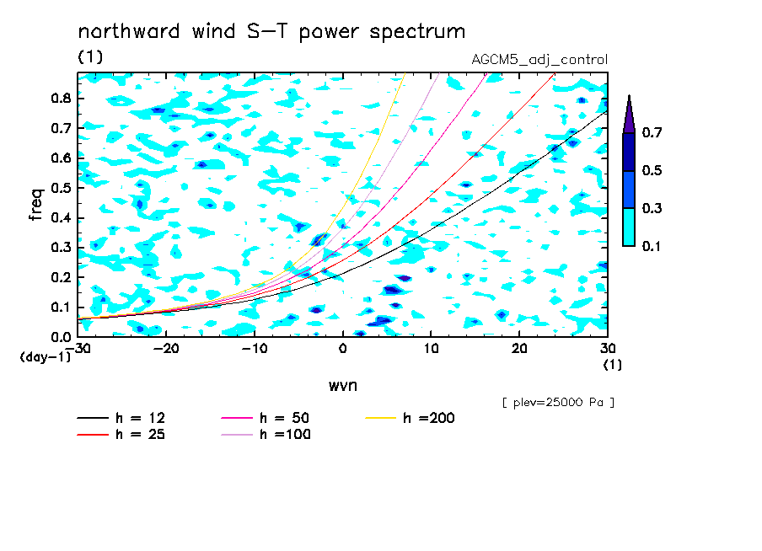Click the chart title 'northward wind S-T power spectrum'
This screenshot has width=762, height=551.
[271, 32]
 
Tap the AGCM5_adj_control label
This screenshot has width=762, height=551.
[539, 60]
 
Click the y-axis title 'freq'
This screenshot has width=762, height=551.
[36, 205]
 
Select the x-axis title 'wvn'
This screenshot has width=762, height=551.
[343, 386]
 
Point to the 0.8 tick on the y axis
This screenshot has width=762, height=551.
[62, 98]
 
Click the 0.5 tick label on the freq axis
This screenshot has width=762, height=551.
[62, 188]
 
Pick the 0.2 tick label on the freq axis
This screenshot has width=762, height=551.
[62, 277]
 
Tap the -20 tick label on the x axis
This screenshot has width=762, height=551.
[166, 349]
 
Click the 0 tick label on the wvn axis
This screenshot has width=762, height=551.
[342, 349]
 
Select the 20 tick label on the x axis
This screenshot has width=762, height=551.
[519, 349]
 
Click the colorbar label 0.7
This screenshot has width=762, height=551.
[652, 132]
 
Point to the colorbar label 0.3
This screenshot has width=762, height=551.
[652, 208]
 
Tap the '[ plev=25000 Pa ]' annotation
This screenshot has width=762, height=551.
[558, 403]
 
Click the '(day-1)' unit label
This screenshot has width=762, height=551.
[46, 357]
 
